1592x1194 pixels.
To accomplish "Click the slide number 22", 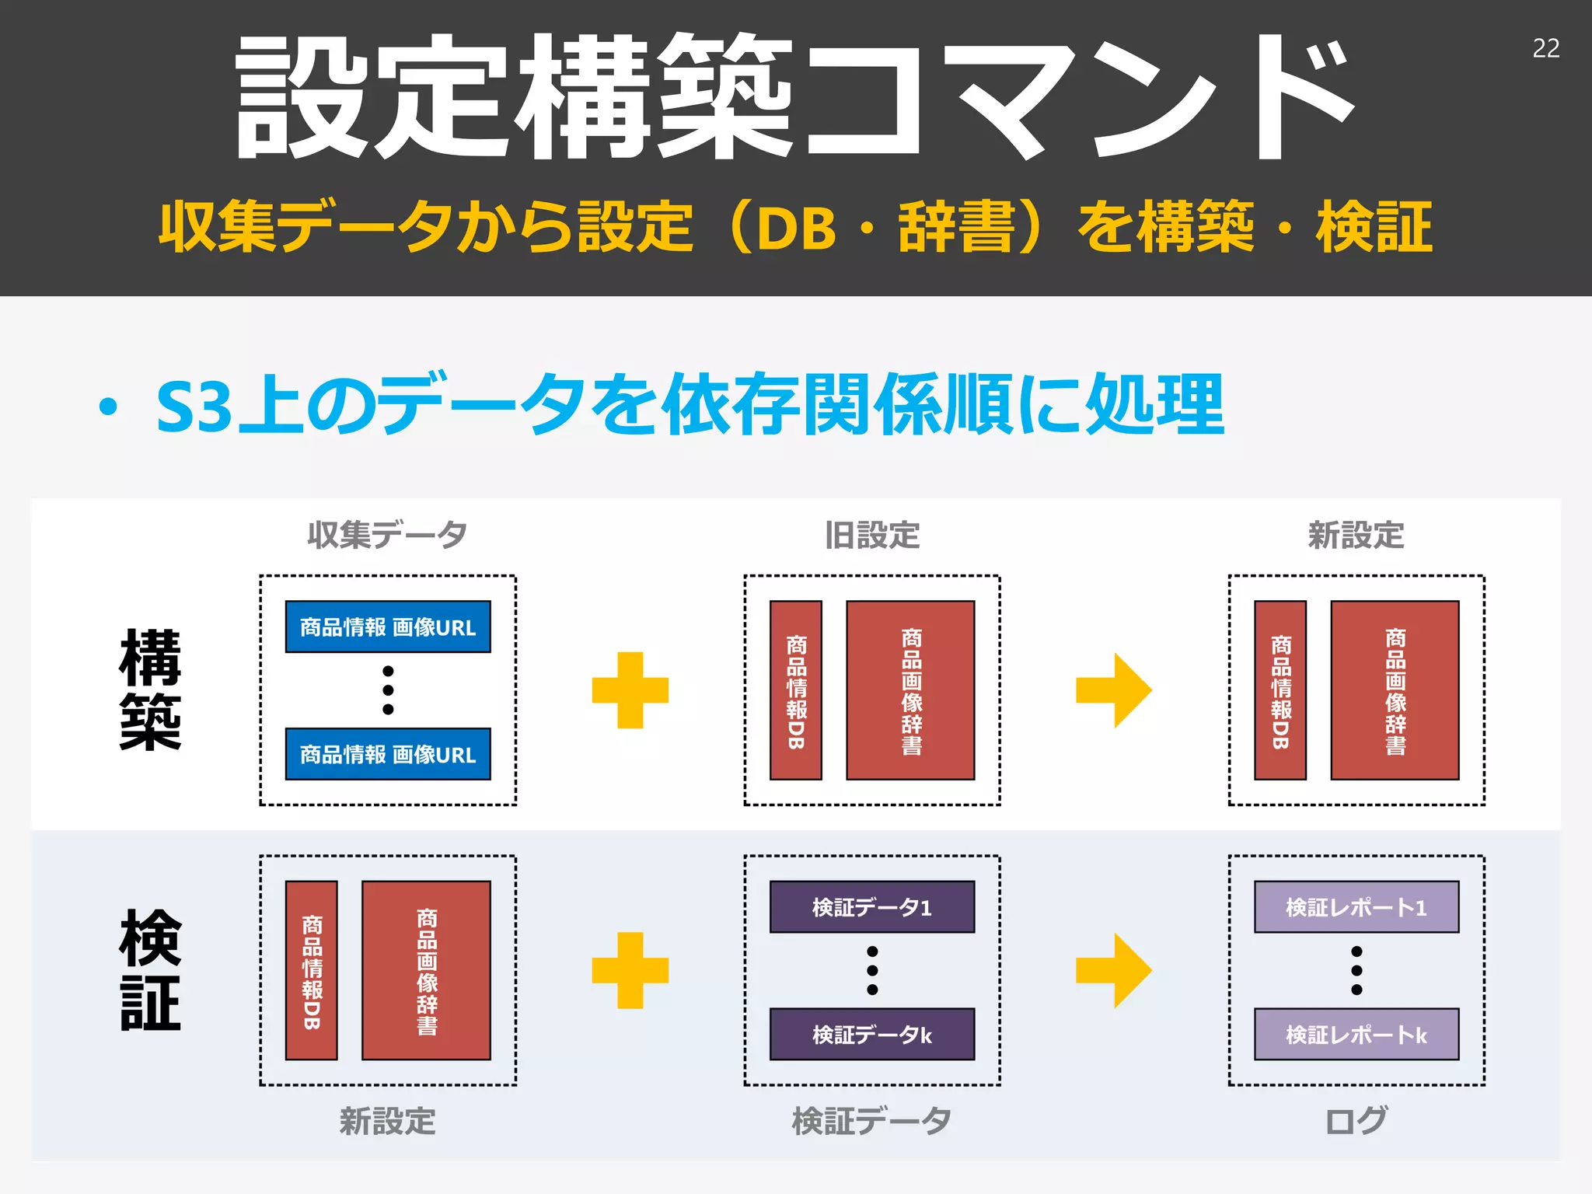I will coord(1545,48).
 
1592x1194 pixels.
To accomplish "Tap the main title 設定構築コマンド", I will coord(794,97).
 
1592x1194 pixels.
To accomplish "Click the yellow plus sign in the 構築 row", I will coord(630,690).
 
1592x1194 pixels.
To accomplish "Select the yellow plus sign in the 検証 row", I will coord(630,970).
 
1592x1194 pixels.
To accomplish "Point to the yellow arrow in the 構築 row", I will coord(1113,690).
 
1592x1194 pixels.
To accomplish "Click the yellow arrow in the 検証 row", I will coord(1113,970).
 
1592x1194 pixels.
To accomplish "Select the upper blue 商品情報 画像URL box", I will coord(388,627).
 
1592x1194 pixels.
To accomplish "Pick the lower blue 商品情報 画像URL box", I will coord(388,754).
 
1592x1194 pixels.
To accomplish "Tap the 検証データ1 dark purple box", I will coord(871,906).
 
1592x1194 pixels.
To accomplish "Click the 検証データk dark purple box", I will coord(871,1034).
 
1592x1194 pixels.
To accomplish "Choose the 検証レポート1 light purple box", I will coord(1356,906).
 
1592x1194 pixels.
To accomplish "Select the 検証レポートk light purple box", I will coord(1356,1034).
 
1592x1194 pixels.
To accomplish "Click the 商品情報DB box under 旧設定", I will coord(795,690).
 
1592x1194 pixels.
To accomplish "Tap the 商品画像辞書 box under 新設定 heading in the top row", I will coord(1395,690).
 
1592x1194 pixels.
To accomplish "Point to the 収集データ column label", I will coord(387,535).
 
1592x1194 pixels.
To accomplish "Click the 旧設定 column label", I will coord(872,535).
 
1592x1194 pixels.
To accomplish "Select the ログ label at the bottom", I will coord(1356,1121).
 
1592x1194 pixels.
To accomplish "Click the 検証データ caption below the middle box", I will coord(871,1121).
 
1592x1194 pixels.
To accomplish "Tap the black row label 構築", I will coord(150,690).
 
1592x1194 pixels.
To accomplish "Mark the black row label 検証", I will coord(150,970).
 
